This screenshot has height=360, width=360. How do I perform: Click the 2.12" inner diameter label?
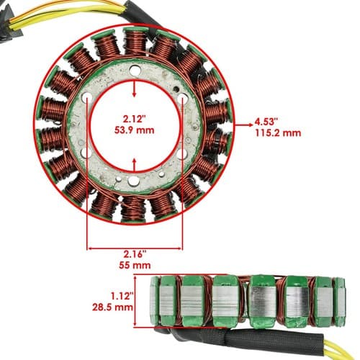pos(134,118)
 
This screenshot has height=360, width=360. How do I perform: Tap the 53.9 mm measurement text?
pos(134,130)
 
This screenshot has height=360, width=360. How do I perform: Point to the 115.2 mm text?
pos(278,132)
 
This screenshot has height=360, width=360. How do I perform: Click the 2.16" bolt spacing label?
pos(135,254)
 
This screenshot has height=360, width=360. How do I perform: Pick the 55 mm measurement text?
pos(135,265)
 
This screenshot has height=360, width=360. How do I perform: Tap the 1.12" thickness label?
pos(122,296)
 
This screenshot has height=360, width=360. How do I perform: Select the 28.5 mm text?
pos(112,307)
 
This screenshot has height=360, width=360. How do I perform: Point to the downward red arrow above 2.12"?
pos(135,89)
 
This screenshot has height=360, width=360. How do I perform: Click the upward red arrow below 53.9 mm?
pos(135,166)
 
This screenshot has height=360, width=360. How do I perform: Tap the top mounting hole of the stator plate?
pos(134,71)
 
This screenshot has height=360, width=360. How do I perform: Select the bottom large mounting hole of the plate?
pos(132,181)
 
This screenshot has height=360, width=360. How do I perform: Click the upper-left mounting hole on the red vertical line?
pos(86,98)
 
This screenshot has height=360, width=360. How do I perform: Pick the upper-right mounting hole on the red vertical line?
pos(182,99)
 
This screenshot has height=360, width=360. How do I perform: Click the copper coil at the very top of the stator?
pos(135,41)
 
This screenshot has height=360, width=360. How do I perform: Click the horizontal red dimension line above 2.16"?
pos(135,248)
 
